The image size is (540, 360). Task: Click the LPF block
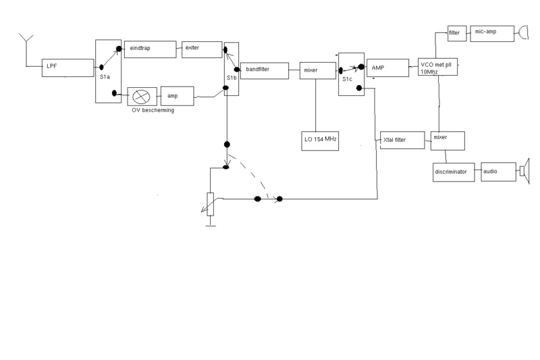pyautogui.click(x=67, y=68)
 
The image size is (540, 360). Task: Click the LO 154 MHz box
pyautogui.click(x=319, y=139)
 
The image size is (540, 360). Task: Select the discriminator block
pyautogui.click(x=455, y=172)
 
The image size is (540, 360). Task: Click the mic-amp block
pyautogui.click(x=487, y=32)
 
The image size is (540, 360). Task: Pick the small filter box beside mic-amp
pyautogui.click(x=454, y=32)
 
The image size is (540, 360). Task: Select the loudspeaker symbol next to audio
pyautogui.click(x=524, y=170)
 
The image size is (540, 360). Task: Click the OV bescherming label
pyautogui.click(x=153, y=110)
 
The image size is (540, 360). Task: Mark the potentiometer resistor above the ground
pyautogui.click(x=211, y=205)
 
